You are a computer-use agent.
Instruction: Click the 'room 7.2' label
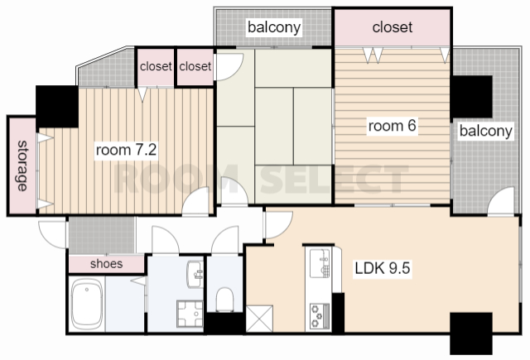tap(127, 150)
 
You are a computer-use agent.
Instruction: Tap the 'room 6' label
tap(392, 126)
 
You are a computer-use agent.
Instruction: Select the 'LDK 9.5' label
tap(383, 268)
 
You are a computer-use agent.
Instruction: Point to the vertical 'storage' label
tap(22, 166)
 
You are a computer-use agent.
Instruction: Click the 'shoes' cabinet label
tap(107, 264)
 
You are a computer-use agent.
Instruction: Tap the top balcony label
tap(274, 27)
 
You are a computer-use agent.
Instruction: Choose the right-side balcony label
tap(486, 131)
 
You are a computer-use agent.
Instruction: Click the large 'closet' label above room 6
tap(393, 27)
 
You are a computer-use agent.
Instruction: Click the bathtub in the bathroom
tap(87, 304)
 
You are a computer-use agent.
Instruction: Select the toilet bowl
tap(224, 300)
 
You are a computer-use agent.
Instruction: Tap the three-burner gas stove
tap(320, 316)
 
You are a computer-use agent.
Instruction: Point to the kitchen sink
tap(320, 263)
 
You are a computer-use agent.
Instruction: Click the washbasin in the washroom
tap(195, 274)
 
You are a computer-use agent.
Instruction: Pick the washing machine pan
tap(190, 314)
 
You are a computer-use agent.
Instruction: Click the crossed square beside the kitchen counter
tap(259, 319)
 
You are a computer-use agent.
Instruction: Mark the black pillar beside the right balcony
tap(472, 97)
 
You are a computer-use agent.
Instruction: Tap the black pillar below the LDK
tap(471, 334)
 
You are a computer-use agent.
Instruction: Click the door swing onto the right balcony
tap(500, 200)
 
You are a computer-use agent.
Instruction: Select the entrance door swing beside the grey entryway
tap(52, 235)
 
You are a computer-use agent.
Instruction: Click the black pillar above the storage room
tap(57, 107)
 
